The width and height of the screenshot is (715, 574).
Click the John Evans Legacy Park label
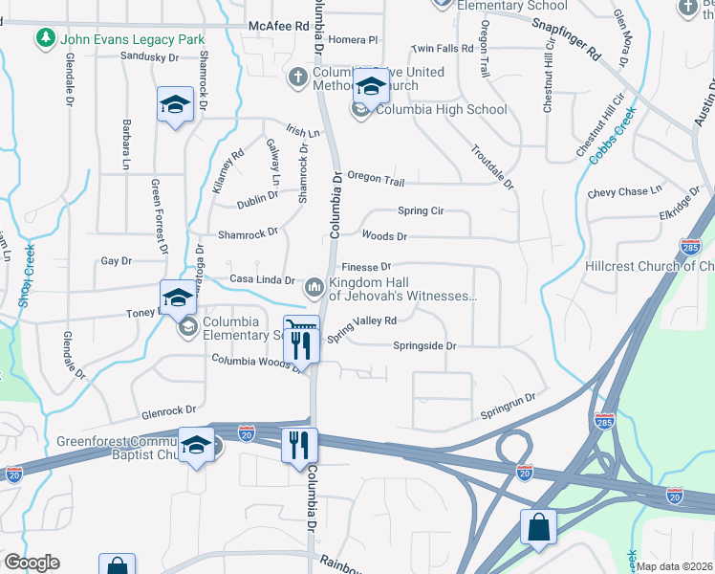(x=133, y=39)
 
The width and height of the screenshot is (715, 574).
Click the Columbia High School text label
(x=441, y=109)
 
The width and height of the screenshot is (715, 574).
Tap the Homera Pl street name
(x=354, y=40)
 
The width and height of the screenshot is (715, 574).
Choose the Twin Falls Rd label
(x=442, y=48)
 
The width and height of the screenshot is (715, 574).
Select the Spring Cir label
(x=421, y=210)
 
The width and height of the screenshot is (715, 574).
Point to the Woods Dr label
(x=384, y=235)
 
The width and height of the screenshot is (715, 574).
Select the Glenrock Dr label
(x=168, y=413)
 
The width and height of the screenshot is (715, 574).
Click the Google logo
(x=32, y=563)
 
